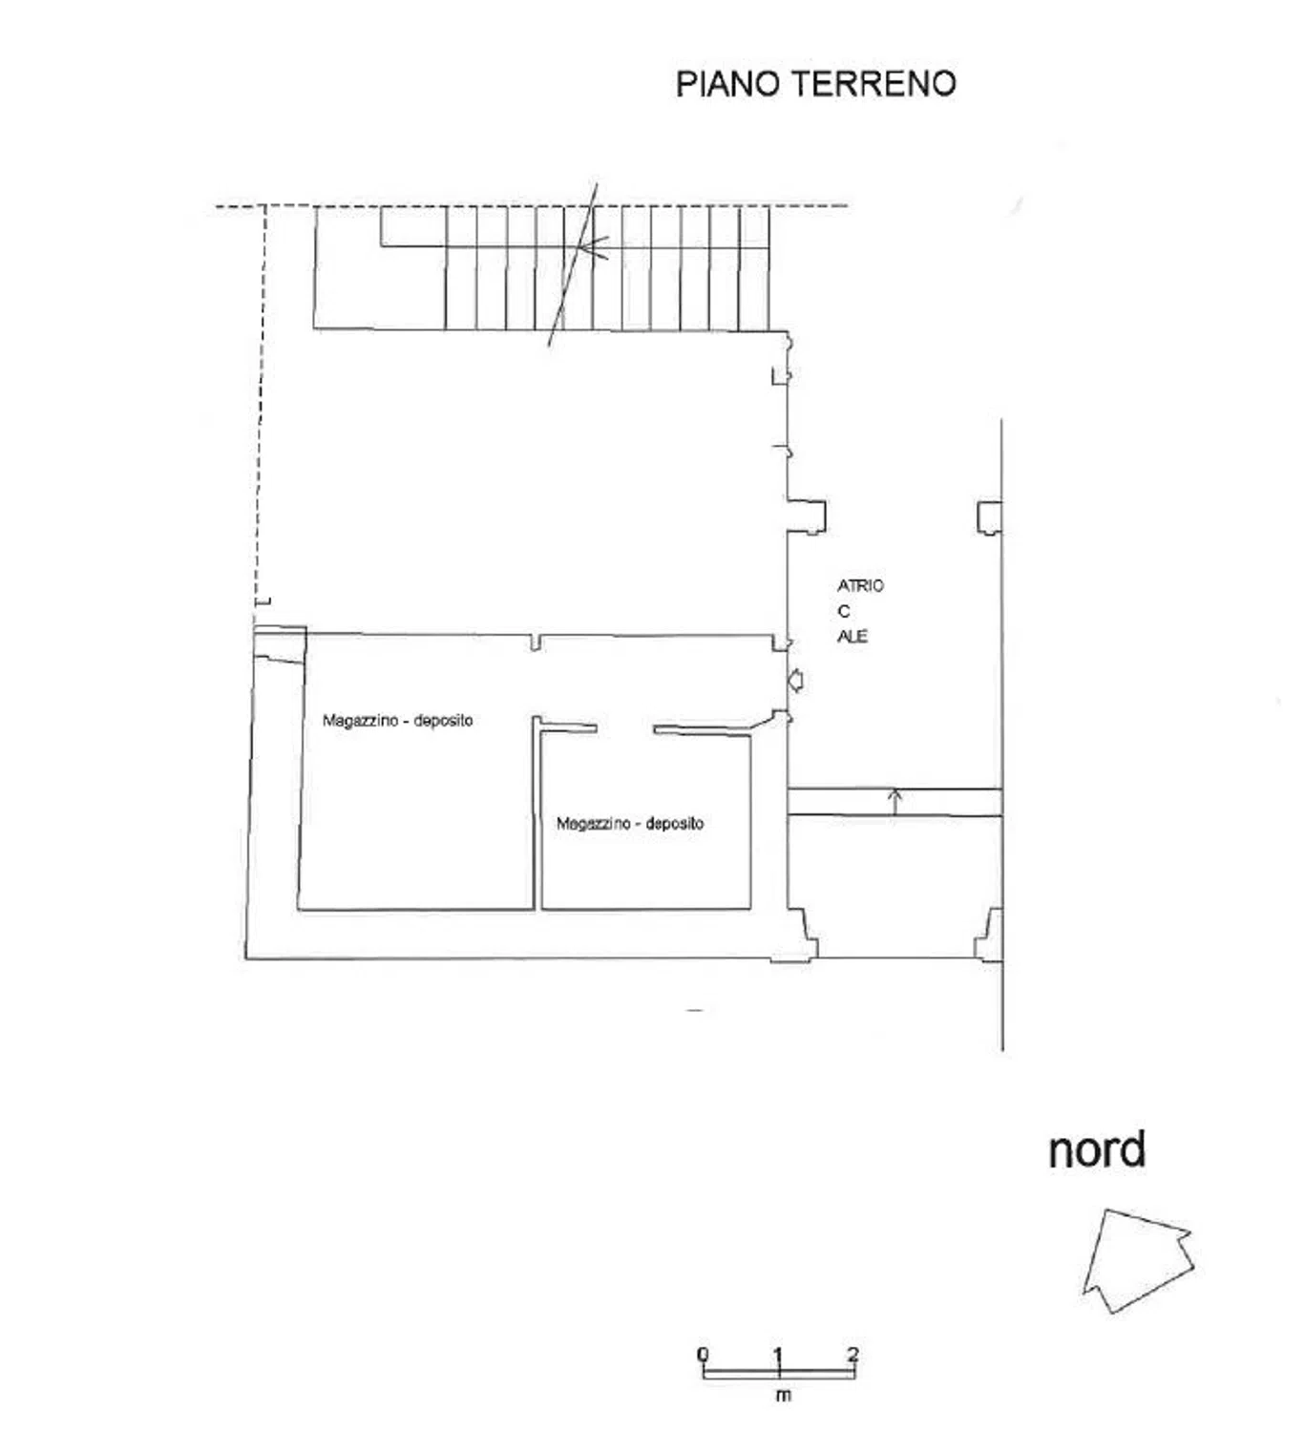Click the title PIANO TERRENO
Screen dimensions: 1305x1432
click(x=815, y=83)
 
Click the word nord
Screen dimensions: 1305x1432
click(x=1097, y=1150)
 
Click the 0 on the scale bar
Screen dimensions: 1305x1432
click(x=704, y=1354)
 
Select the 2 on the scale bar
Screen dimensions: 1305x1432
click(x=853, y=1354)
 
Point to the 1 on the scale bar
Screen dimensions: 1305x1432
click(x=778, y=1354)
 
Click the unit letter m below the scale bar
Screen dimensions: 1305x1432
click(x=783, y=1395)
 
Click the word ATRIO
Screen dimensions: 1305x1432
click(x=860, y=585)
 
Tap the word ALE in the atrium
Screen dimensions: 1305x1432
click(x=852, y=636)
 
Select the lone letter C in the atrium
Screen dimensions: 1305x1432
click(x=844, y=611)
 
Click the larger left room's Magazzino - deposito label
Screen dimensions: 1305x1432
click(x=398, y=720)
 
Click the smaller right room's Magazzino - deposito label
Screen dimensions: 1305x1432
click(x=630, y=823)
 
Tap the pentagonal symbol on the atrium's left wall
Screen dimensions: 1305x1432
click(x=796, y=681)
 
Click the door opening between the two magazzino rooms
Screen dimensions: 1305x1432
click(x=625, y=728)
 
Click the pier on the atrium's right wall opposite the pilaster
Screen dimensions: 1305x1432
click(x=989, y=516)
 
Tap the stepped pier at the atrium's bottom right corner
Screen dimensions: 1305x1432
click(x=989, y=935)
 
